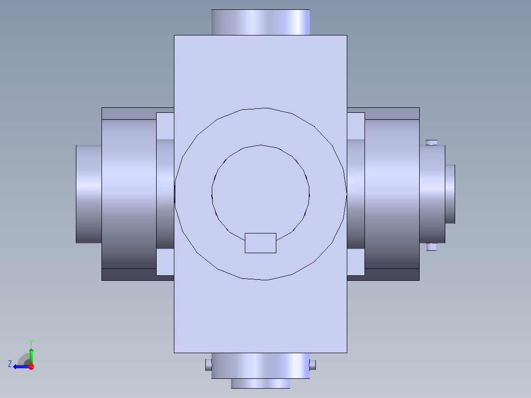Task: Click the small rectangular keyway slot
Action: coord(261,243)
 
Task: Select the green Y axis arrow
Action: coord(31,356)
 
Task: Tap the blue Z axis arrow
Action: coord(21,366)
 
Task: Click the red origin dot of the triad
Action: coord(32,366)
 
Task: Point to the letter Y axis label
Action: coord(31,342)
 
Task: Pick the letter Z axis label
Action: coord(10,364)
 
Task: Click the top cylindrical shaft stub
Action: coord(261,22)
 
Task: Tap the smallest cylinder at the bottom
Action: coord(261,383)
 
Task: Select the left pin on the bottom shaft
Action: coord(209,365)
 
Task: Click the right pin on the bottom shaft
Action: coord(313,365)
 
